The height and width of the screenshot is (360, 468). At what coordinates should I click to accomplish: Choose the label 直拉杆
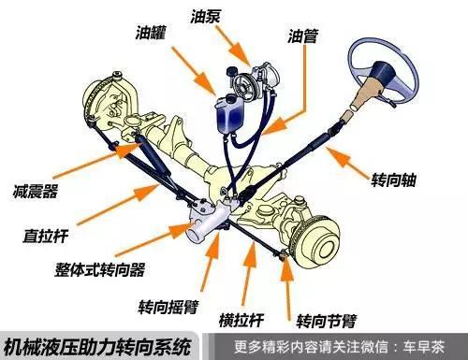point(44,231)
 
